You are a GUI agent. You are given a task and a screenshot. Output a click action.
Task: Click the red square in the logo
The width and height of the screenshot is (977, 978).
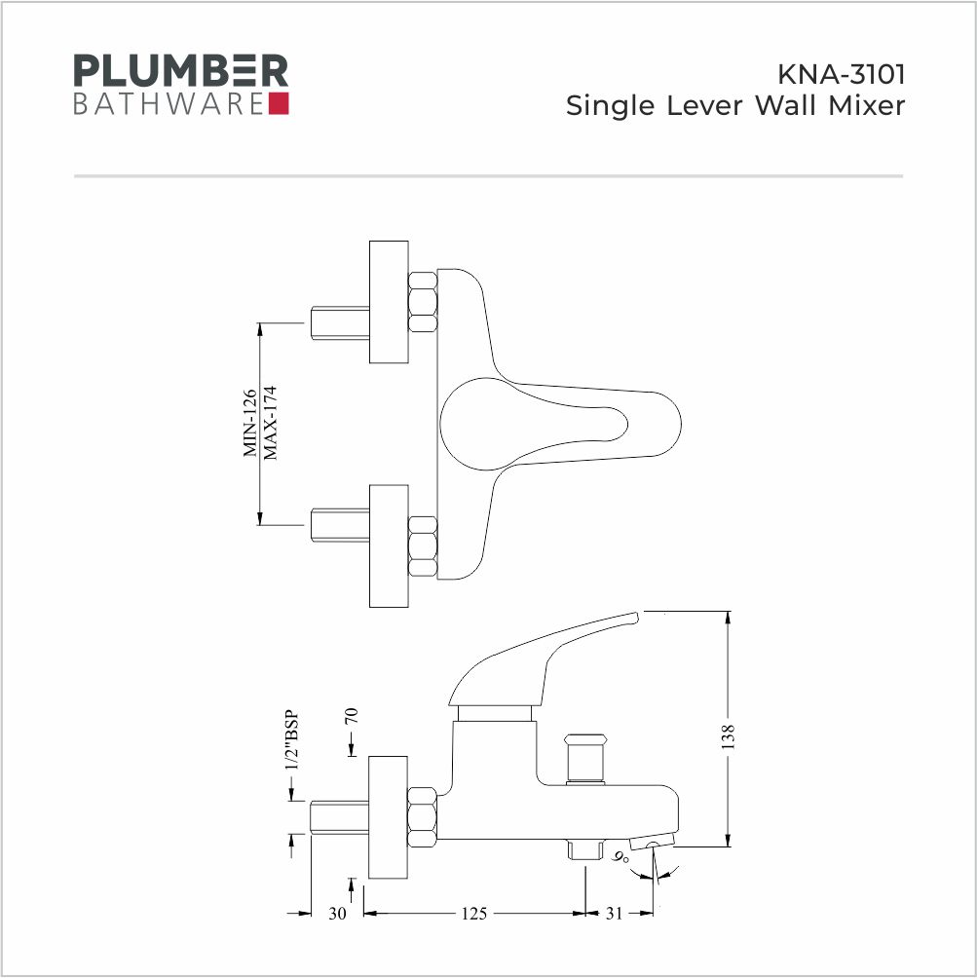[x=279, y=103]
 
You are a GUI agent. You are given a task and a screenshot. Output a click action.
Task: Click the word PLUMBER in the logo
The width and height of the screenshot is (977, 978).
[x=181, y=70]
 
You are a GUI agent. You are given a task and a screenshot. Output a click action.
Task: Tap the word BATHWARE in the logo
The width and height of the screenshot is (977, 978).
[x=169, y=104]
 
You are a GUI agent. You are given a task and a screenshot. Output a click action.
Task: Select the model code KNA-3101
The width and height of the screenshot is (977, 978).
[x=841, y=74]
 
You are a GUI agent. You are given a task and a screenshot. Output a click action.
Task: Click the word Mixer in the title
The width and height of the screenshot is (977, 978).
[x=866, y=105]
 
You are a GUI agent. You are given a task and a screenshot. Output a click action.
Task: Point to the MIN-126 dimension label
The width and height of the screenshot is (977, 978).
[x=249, y=423]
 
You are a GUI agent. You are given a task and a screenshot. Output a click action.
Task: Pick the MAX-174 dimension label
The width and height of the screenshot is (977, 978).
[x=270, y=423]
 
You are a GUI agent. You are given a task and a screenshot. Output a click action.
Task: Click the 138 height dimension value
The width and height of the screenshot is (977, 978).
[x=729, y=736]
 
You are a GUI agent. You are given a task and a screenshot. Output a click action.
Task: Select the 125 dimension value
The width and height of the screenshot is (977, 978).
[x=473, y=913]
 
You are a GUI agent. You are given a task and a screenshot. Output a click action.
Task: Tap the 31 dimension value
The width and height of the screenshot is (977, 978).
[x=614, y=913]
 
